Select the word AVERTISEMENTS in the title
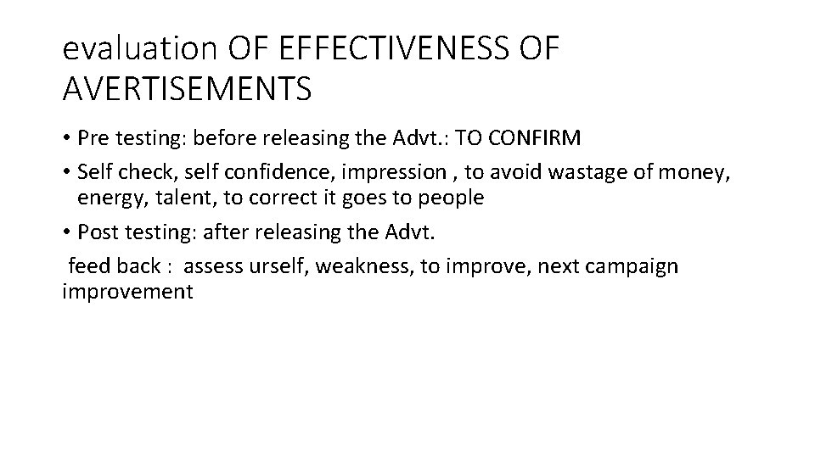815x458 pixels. (187, 88)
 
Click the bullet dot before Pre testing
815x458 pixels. (67, 139)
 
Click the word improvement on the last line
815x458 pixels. (127, 293)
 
